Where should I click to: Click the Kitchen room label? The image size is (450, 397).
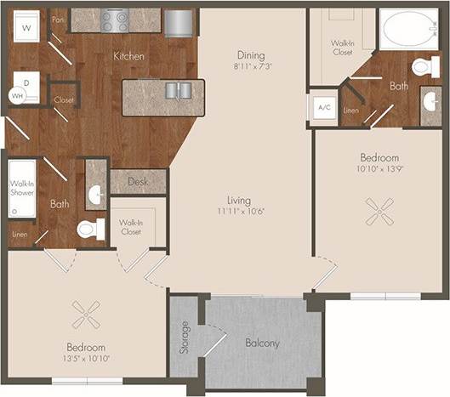click(128, 56)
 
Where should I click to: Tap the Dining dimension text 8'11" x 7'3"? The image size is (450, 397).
click(252, 66)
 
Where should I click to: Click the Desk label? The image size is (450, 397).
click(137, 181)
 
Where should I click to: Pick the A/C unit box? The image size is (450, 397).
click(324, 108)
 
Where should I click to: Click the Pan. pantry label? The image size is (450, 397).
click(58, 17)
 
